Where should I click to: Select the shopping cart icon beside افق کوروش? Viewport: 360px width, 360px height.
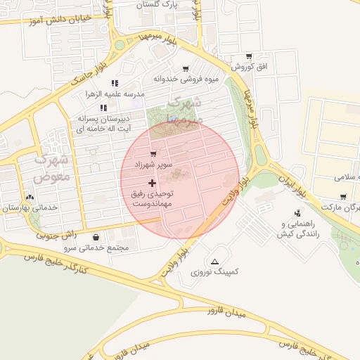click(x=248, y=56)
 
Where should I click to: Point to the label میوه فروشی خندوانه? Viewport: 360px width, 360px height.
click(x=186, y=79)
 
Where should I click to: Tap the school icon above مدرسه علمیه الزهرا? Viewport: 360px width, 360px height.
click(x=115, y=83)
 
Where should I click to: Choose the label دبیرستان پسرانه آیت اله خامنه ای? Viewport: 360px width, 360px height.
click(x=104, y=125)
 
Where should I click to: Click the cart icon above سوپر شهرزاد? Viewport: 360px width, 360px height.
click(x=153, y=153)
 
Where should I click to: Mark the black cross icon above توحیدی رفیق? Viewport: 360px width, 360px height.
click(x=152, y=182)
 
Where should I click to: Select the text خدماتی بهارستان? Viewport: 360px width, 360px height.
click(x=26, y=208)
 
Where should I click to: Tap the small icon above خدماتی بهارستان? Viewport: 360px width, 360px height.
click(x=30, y=198)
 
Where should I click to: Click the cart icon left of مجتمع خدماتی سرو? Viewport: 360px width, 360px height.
click(x=96, y=237)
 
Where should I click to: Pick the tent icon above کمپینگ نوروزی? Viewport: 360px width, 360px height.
click(x=214, y=260)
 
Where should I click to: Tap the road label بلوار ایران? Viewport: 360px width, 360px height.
click(x=290, y=181)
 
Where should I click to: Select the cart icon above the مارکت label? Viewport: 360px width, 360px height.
click(x=342, y=197)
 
